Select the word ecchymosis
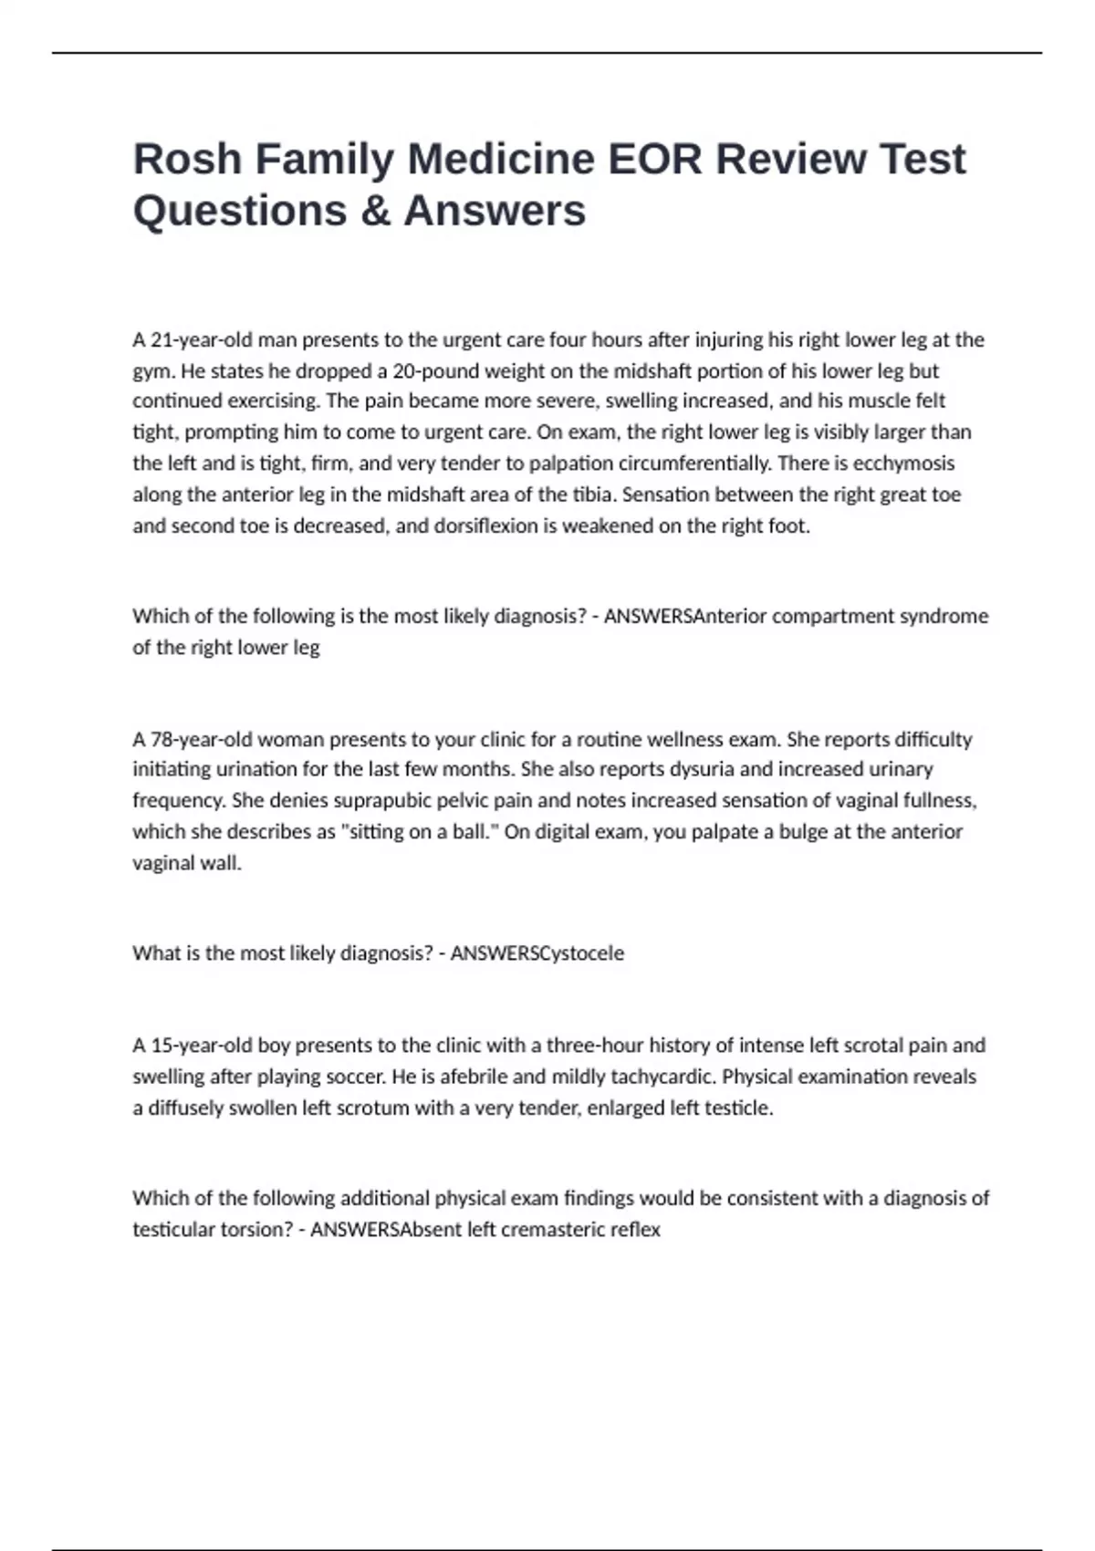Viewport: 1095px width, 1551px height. click(903, 463)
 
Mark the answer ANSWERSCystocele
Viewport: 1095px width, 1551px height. click(537, 953)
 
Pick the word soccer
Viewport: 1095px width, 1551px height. click(355, 1077)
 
